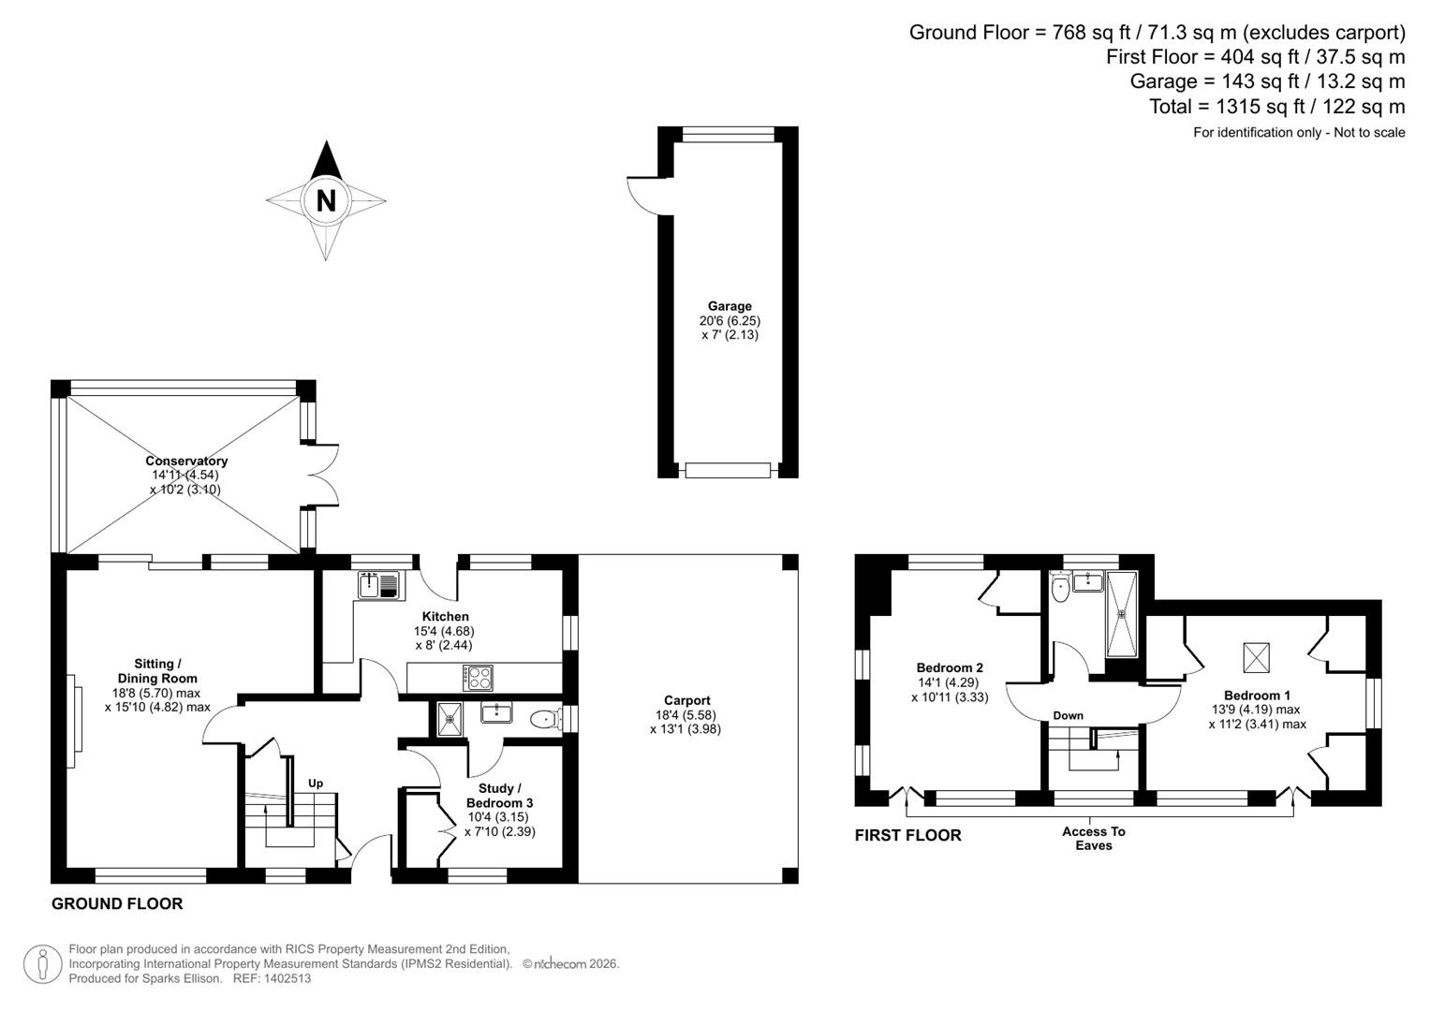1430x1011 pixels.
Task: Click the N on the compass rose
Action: [x=326, y=200]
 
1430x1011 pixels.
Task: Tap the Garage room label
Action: [x=730, y=306]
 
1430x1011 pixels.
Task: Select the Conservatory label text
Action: [x=186, y=461]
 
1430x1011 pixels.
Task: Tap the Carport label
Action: [x=686, y=700]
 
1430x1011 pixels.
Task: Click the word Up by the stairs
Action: [x=316, y=784]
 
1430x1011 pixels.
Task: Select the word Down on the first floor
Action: [x=1068, y=715]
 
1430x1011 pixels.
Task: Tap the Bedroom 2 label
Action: [x=950, y=667]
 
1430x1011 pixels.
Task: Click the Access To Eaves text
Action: [x=1094, y=838]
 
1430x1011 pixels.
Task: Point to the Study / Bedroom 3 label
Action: [x=500, y=796]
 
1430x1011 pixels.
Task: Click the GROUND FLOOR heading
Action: [x=117, y=903]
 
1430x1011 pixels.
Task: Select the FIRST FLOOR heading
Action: [x=907, y=835]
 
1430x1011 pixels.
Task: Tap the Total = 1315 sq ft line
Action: [x=1276, y=106]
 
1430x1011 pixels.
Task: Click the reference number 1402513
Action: [x=286, y=978]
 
